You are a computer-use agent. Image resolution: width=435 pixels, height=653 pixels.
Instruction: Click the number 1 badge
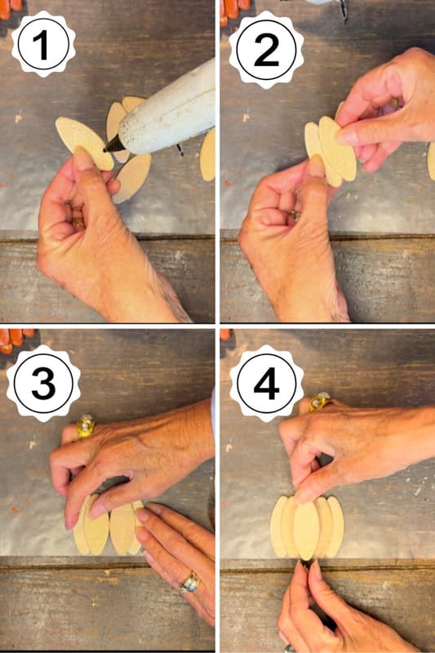tap(42, 44)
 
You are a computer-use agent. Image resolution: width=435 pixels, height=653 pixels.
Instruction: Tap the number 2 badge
tap(266, 44)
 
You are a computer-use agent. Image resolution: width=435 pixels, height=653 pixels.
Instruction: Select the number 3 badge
tap(42, 382)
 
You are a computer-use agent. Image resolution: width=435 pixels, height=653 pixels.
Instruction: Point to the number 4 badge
tap(266, 382)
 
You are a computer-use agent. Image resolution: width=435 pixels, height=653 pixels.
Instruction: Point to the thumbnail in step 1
tap(84, 158)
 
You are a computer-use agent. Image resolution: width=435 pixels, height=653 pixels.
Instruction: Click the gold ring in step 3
tap(86, 425)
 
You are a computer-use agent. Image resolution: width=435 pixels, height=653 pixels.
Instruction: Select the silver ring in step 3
tap(189, 582)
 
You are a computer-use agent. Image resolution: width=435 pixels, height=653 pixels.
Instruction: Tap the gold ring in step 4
tap(318, 402)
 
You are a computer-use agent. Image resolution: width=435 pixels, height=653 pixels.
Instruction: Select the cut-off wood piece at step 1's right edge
tap(208, 155)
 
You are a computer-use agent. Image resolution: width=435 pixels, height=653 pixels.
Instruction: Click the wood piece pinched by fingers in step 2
tap(336, 147)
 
